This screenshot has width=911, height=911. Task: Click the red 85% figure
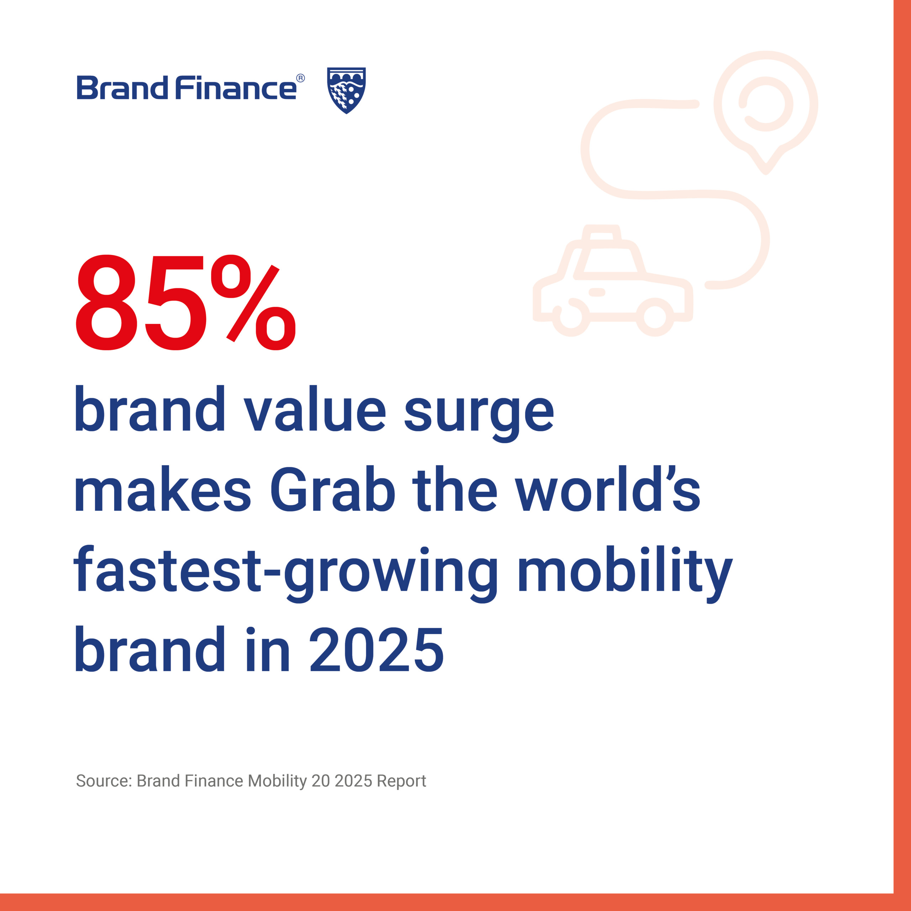pyautogui.click(x=185, y=303)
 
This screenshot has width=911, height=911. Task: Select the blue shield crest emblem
pyautogui.click(x=347, y=90)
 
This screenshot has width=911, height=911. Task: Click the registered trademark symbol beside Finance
pyautogui.click(x=300, y=78)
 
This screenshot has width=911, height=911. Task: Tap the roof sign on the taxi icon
pyautogui.click(x=602, y=233)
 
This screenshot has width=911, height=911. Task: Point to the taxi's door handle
pyautogui.click(x=597, y=293)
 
